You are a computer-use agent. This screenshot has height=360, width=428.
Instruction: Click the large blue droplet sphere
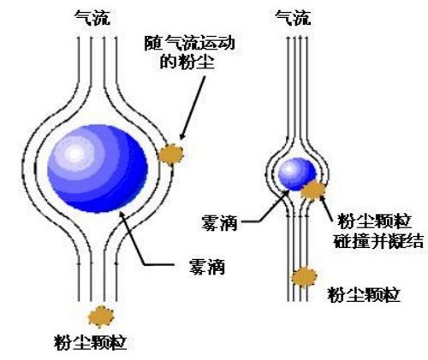(x=98, y=168)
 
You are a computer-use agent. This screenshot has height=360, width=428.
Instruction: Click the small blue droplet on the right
(x=297, y=174)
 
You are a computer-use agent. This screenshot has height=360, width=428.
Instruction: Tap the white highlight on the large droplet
(x=74, y=153)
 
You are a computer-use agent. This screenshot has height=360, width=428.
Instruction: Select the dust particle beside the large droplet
(x=171, y=154)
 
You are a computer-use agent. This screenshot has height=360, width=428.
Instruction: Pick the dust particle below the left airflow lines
(x=101, y=316)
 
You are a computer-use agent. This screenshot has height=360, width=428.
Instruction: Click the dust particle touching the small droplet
(x=313, y=190)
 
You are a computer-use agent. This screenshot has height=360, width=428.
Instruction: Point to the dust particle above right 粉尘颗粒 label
(x=304, y=277)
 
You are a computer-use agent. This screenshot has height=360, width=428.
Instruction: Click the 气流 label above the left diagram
(x=92, y=18)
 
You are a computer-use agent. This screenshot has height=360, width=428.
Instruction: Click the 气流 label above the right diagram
(x=293, y=18)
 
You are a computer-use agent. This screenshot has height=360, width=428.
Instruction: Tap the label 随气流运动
(x=189, y=43)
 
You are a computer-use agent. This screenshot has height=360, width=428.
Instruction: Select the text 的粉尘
(x=187, y=62)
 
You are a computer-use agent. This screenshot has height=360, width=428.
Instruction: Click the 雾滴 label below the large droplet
(x=207, y=267)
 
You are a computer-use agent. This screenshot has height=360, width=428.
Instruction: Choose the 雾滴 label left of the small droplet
(x=219, y=222)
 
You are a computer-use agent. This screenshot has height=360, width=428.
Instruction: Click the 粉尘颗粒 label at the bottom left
(x=90, y=342)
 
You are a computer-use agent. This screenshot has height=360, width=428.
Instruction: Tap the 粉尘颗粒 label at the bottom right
(x=364, y=294)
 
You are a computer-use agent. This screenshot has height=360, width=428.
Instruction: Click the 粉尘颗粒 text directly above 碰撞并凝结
(x=375, y=221)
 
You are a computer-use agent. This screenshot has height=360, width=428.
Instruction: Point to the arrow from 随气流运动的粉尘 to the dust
(x=193, y=108)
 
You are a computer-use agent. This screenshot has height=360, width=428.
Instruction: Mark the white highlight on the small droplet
(x=289, y=168)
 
